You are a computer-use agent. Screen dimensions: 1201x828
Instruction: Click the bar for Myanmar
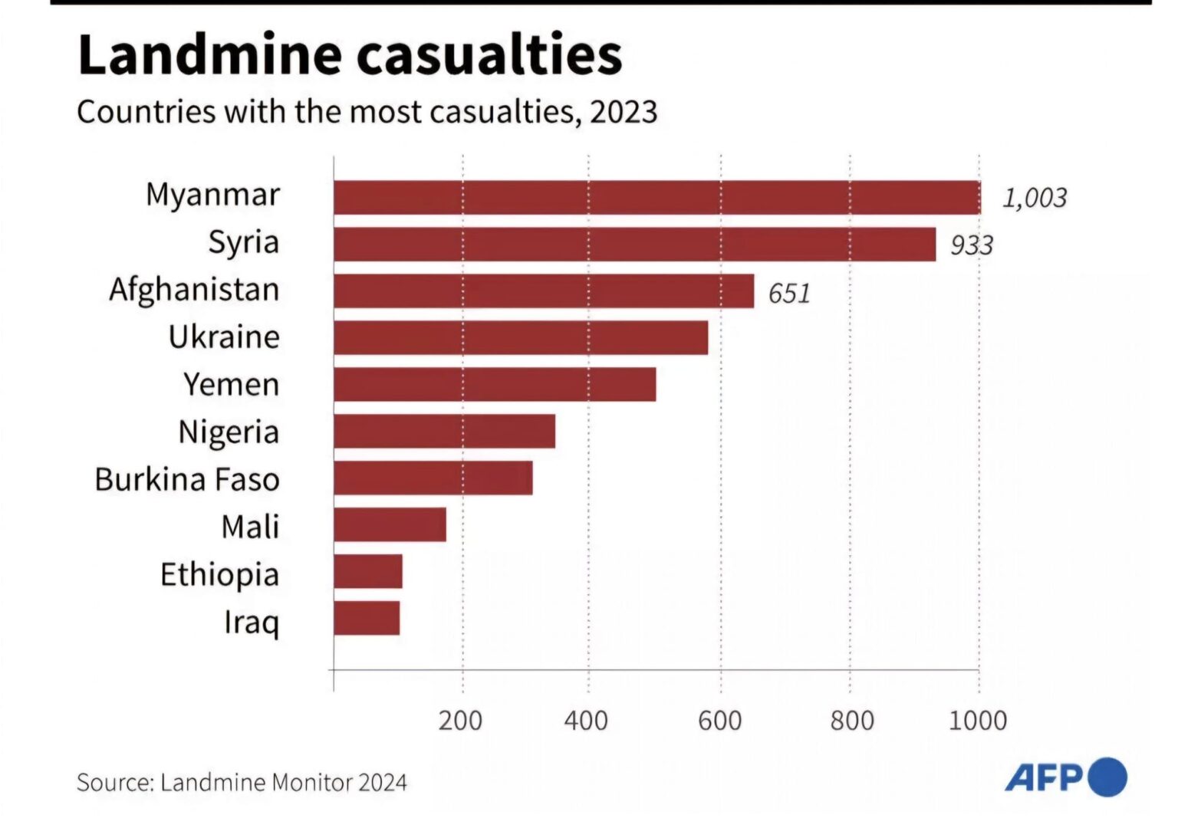point(657,198)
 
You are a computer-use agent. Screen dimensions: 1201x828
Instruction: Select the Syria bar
point(635,245)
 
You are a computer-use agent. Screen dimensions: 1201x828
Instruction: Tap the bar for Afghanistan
point(544,291)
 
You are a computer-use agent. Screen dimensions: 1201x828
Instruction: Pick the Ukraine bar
point(521,337)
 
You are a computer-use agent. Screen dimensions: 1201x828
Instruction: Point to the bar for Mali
point(390,524)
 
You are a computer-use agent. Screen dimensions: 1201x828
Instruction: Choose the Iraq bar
point(367,618)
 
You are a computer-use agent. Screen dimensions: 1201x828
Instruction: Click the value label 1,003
point(1035,199)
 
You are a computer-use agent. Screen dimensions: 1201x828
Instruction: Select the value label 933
point(972,245)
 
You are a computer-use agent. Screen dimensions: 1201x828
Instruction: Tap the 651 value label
point(789,293)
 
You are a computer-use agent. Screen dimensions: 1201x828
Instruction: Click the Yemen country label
point(232,384)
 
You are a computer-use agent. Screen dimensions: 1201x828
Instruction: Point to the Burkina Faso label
point(187,478)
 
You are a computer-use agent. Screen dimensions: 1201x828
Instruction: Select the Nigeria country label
point(229,432)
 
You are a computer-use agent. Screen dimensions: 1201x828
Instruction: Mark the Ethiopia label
point(220,574)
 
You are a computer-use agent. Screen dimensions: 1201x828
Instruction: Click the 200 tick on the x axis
point(460,720)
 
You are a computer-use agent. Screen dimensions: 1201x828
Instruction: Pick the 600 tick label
point(719,720)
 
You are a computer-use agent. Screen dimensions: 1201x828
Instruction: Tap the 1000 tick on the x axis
point(978,720)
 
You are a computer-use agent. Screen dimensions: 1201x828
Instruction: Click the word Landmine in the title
point(210,54)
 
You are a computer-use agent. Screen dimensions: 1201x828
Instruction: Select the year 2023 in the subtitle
point(624,111)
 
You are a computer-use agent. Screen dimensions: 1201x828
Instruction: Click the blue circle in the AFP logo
point(1107,777)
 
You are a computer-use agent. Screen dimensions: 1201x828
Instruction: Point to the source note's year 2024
point(382,783)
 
